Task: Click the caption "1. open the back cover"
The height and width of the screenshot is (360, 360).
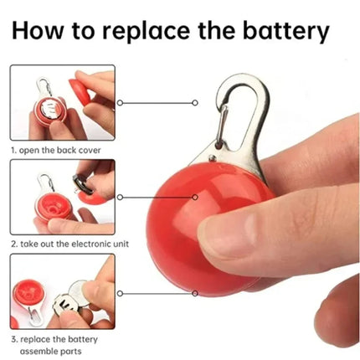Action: [56, 150]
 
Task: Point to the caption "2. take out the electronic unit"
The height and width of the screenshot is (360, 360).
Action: [70, 244]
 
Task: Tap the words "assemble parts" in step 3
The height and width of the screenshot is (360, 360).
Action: [50, 351]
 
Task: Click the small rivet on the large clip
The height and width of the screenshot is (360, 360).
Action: [213, 158]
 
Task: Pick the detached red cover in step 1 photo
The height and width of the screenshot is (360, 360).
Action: [80, 90]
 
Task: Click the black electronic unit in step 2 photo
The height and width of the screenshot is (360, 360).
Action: [82, 184]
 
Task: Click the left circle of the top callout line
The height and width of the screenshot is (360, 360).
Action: [120, 103]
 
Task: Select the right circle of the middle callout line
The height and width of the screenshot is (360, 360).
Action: [195, 198]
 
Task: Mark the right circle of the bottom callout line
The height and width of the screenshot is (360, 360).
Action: [195, 293]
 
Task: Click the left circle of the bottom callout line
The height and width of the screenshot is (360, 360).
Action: [120, 293]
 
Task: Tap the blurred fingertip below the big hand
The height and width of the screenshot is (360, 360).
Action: [337, 312]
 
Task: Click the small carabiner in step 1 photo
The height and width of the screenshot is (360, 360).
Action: [44, 87]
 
